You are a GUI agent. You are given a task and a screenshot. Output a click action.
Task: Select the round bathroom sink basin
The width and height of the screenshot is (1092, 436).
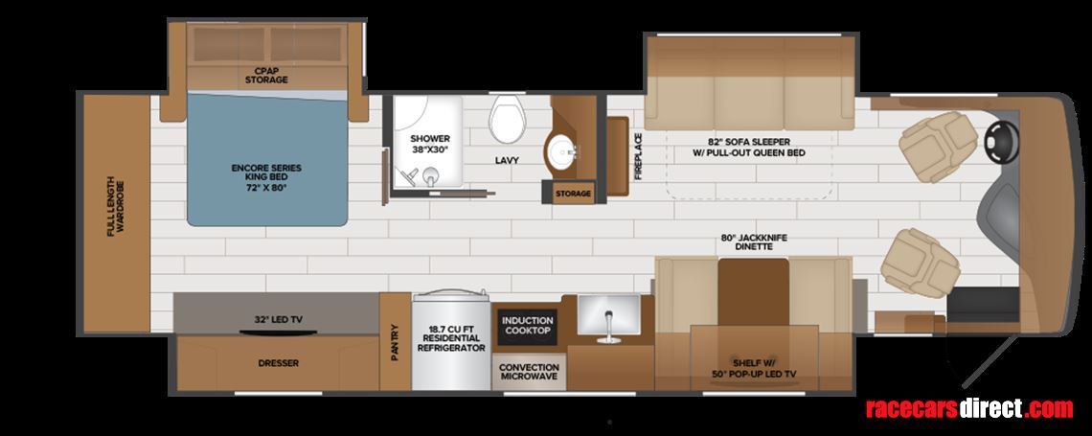(561, 151)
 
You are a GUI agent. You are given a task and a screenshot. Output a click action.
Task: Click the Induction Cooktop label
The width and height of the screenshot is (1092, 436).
(527, 325)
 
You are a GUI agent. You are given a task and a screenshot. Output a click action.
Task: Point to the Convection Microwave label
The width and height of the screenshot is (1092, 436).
(530, 372)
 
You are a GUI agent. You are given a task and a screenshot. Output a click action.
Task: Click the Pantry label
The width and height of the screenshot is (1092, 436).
(395, 342)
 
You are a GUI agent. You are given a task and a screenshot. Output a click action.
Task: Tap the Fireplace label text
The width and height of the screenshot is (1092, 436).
(638, 157)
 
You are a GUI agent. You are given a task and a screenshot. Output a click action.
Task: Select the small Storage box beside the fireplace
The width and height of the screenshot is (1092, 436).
(573, 193)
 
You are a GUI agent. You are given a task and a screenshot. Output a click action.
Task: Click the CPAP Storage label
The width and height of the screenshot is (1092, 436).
(266, 75)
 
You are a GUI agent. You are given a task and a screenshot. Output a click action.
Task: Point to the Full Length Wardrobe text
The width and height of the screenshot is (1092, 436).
(116, 208)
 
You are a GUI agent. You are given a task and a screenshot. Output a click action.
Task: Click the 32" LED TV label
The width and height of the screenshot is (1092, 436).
(279, 320)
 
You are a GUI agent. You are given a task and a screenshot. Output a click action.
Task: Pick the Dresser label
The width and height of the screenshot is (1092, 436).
(279, 363)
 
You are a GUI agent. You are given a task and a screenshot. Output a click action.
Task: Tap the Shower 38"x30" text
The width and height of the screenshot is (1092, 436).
(430, 144)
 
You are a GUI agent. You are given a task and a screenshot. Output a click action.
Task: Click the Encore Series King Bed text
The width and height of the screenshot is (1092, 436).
(266, 177)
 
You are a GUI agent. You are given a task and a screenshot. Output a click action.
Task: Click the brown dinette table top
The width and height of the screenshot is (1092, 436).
(754, 292)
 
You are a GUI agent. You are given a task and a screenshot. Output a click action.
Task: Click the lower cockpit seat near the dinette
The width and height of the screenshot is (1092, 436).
(920, 264)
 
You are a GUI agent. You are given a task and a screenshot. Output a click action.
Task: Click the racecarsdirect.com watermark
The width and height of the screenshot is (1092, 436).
(969, 408)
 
